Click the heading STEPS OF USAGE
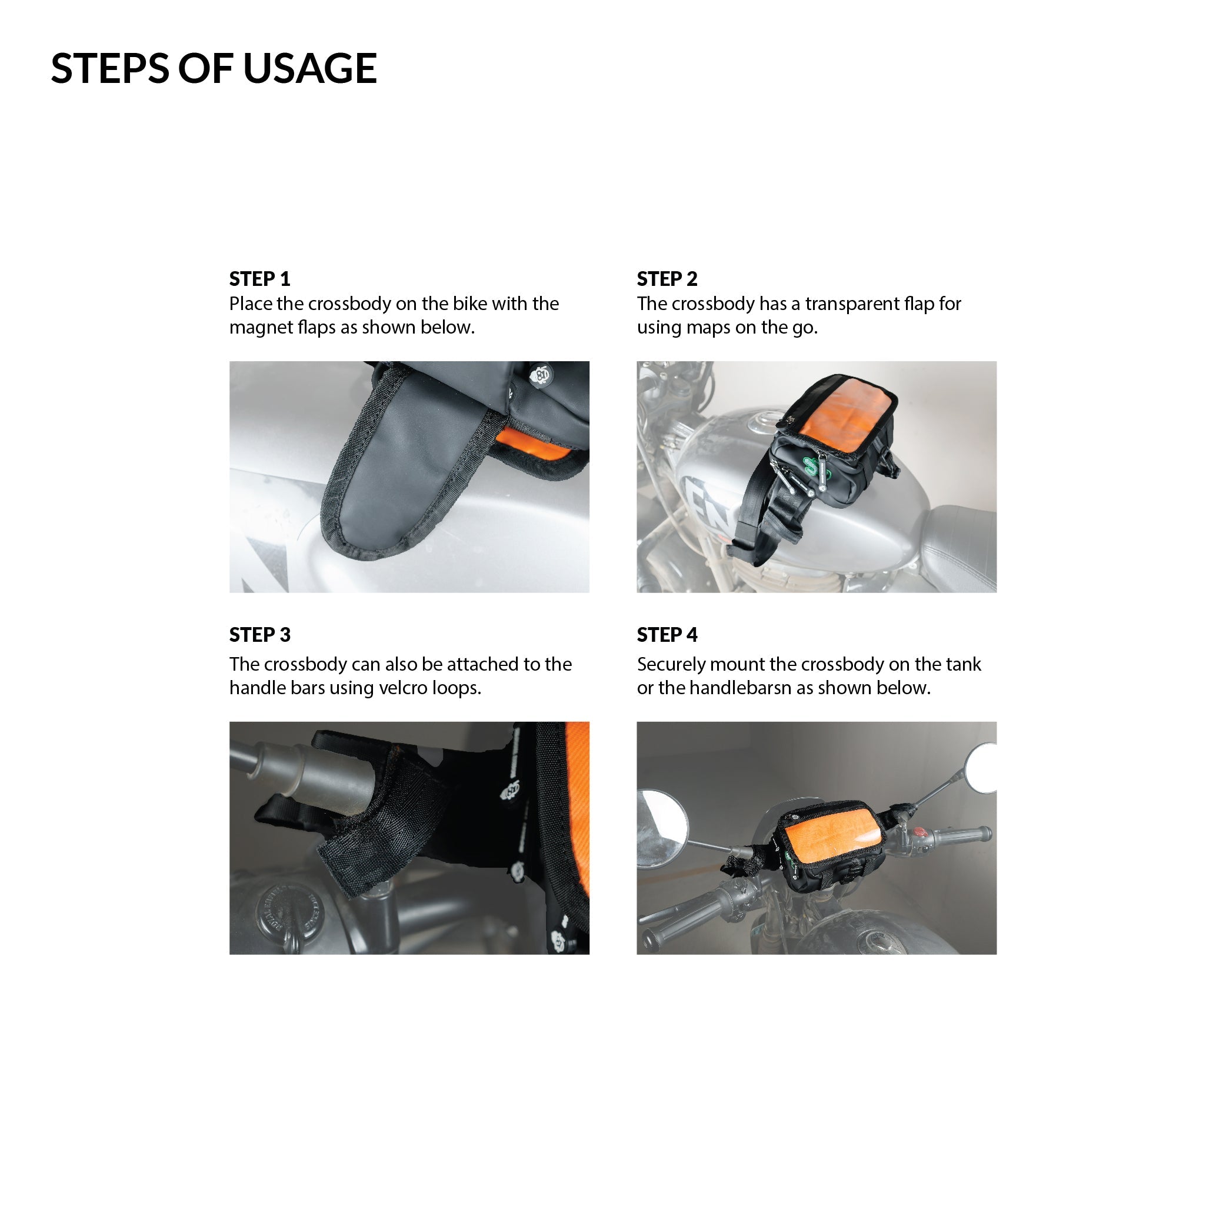[x=214, y=68]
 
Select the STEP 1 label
[x=259, y=279]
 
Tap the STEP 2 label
[x=667, y=279]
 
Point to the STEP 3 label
[x=259, y=635]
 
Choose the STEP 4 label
[x=667, y=635]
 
